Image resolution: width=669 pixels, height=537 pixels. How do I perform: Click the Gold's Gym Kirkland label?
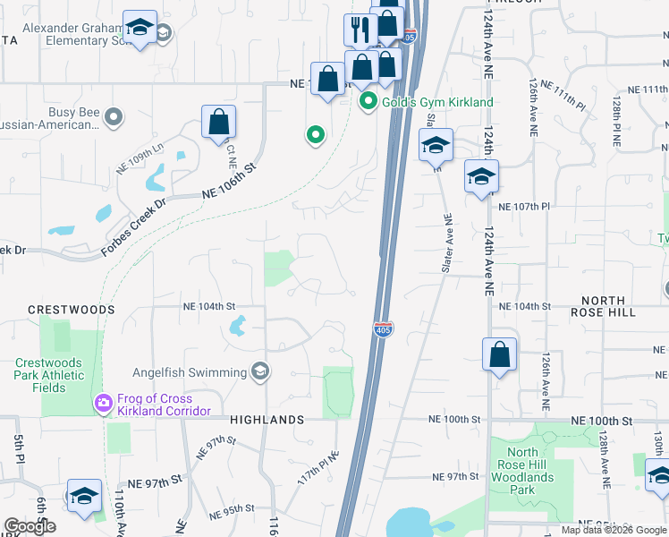coord(437,102)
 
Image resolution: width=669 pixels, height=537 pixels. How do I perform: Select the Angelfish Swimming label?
coord(190,372)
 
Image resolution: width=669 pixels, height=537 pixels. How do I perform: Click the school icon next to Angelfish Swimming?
coord(260,371)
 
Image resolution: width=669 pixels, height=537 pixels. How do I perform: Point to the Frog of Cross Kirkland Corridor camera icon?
coord(104,404)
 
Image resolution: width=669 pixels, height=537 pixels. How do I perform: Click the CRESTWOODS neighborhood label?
coord(72,309)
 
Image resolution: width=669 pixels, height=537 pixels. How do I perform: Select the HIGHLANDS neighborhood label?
coord(267,419)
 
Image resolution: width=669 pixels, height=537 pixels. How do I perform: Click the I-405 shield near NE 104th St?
coord(382,329)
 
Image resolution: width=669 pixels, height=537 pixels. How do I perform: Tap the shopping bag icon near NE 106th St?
coord(218,122)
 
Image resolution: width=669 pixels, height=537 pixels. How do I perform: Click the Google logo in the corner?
coord(30,526)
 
